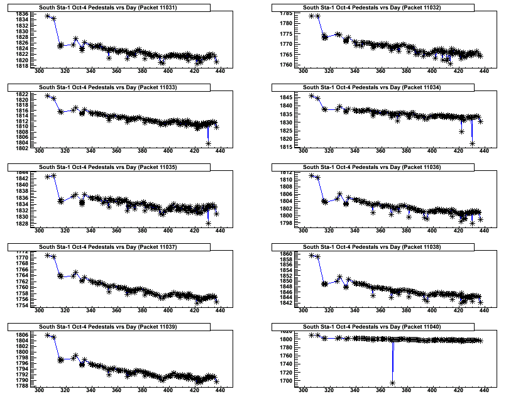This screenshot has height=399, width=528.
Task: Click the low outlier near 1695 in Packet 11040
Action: pyautogui.click(x=392, y=383)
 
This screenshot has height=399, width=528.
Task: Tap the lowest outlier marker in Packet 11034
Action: pyautogui.click(x=471, y=144)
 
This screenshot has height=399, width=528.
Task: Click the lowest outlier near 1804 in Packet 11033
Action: pyautogui.click(x=208, y=144)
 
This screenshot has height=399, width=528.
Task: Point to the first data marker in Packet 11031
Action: pyautogui.click(x=48, y=16)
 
